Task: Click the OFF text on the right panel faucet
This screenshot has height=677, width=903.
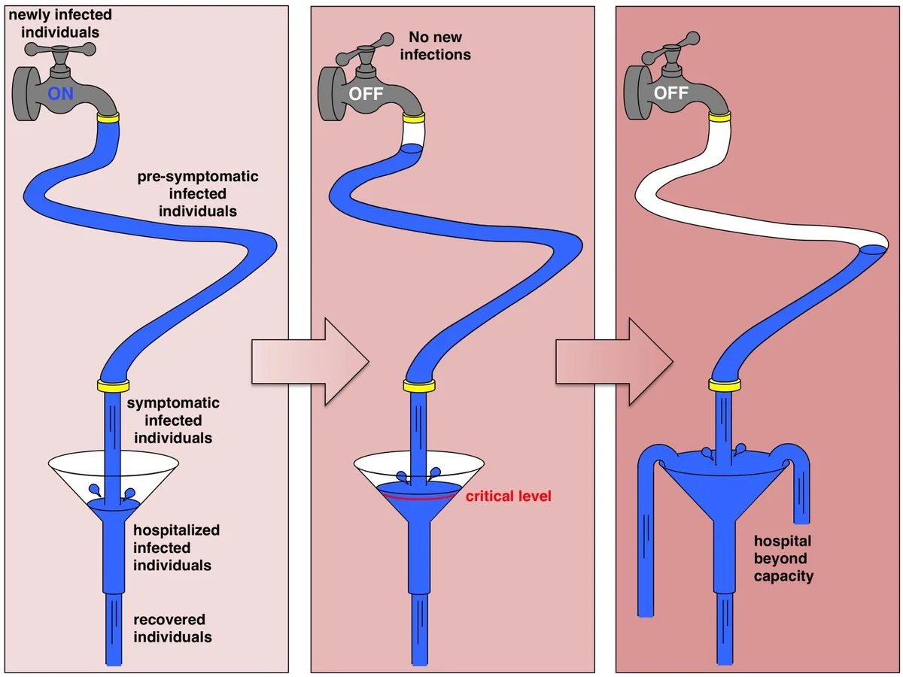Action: click(x=671, y=94)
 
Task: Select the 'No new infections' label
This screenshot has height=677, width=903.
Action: click(x=435, y=45)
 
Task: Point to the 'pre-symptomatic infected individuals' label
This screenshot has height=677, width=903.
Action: click(x=197, y=194)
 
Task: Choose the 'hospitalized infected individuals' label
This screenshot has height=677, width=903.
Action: click(x=176, y=548)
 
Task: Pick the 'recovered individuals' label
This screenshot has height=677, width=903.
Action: click(x=172, y=628)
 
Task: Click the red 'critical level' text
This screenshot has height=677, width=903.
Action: click(x=508, y=496)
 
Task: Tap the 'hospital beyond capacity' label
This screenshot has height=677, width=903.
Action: click(x=784, y=559)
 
